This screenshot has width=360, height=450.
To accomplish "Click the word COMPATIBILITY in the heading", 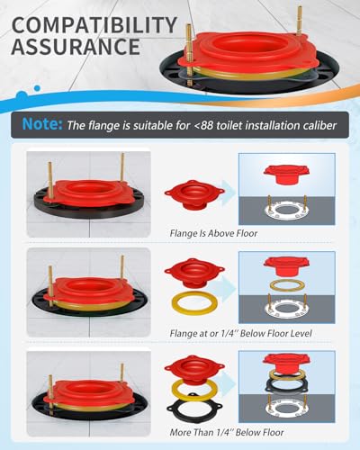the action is (94, 25).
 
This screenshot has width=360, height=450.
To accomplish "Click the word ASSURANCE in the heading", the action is (76, 47).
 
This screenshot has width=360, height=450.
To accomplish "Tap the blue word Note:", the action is (42, 123).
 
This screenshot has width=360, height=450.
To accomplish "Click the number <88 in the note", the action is (203, 125).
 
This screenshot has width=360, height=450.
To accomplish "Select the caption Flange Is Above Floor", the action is (213, 233).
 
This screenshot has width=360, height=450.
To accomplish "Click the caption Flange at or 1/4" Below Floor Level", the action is (240, 333).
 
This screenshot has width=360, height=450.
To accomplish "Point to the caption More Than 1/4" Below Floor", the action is (227, 432).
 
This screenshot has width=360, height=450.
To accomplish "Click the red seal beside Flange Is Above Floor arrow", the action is (194, 195).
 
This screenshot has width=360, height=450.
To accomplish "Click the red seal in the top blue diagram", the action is (286, 174).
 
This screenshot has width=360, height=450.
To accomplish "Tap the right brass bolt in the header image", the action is (300, 21).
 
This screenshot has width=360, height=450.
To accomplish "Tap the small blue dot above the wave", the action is (37, 88).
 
